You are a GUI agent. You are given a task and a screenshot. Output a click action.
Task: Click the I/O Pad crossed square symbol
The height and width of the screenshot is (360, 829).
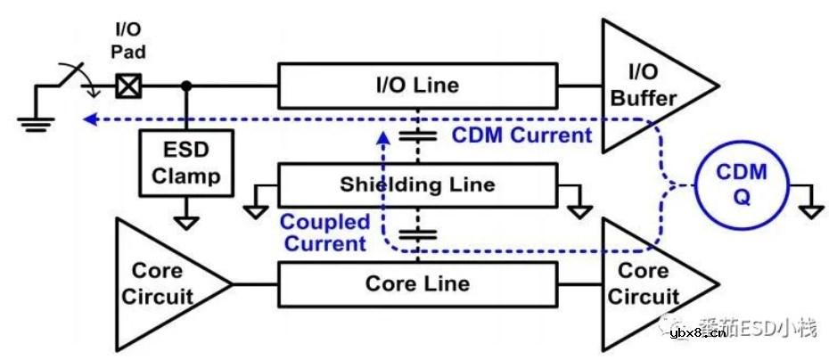[x=128, y=86]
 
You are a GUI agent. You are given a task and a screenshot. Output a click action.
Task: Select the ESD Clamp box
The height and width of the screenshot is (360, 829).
[x=185, y=163]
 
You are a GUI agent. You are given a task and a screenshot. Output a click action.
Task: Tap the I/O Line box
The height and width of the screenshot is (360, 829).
[x=417, y=86]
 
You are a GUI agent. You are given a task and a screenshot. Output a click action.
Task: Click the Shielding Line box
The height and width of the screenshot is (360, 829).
[x=417, y=185]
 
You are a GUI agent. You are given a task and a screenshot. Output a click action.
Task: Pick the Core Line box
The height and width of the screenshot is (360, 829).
[x=417, y=284]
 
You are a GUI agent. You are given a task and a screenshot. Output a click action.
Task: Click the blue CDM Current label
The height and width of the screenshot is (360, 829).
[x=522, y=135]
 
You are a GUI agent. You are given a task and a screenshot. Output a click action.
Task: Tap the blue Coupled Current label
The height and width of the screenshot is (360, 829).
[x=323, y=232]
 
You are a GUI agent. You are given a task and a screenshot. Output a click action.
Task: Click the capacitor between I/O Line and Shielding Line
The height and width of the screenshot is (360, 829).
[x=417, y=135]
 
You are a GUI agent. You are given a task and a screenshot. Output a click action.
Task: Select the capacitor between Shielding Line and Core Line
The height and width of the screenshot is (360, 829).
[x=417, y=234]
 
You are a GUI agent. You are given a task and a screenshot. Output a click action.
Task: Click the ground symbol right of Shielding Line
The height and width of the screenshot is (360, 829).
[x=580, y=209]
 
